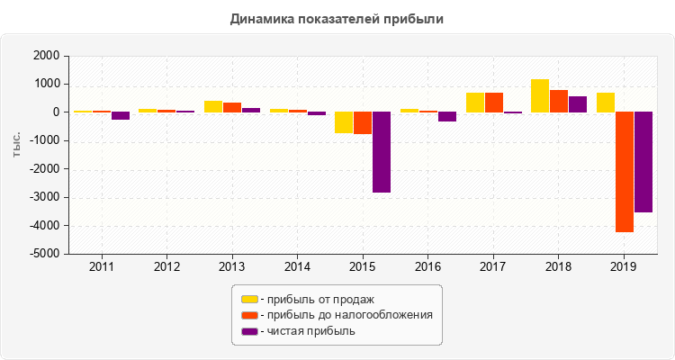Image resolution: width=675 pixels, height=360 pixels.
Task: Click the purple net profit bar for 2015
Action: click(x=382, y=152)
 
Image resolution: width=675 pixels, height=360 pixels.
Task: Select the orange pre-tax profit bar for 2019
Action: click(x=624, y=172)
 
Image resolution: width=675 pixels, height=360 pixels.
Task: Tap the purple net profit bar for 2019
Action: click(x=643, y=162)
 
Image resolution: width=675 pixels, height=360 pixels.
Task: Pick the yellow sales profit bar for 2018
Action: click(x=540, y=95)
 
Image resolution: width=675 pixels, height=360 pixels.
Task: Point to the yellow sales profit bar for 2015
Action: click(x=344, y=122)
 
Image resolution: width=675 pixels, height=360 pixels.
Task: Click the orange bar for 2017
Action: click(x=494, y=103)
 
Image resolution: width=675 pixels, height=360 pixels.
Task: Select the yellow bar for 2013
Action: click(x=213, y=106)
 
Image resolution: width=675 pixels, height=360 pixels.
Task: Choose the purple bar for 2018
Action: click(x=578, y=104)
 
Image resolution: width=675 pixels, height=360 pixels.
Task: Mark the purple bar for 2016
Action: click(x=447, y=116)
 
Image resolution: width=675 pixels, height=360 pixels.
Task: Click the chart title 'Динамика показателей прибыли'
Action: click(x=337, y=18)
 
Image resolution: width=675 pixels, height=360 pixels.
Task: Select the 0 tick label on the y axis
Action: click(x=56, y=112)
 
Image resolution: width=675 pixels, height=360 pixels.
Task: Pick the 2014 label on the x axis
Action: click(x=298, y=267)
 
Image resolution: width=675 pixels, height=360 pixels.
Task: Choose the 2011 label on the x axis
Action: click(x=102, y=267)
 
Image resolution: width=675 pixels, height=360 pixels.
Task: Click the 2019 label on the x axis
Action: click(x=624, y=267)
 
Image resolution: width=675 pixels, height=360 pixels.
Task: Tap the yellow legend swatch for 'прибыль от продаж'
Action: click(x=249, y=299)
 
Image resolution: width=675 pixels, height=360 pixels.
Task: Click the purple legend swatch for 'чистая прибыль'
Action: click(x=249, y=331)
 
